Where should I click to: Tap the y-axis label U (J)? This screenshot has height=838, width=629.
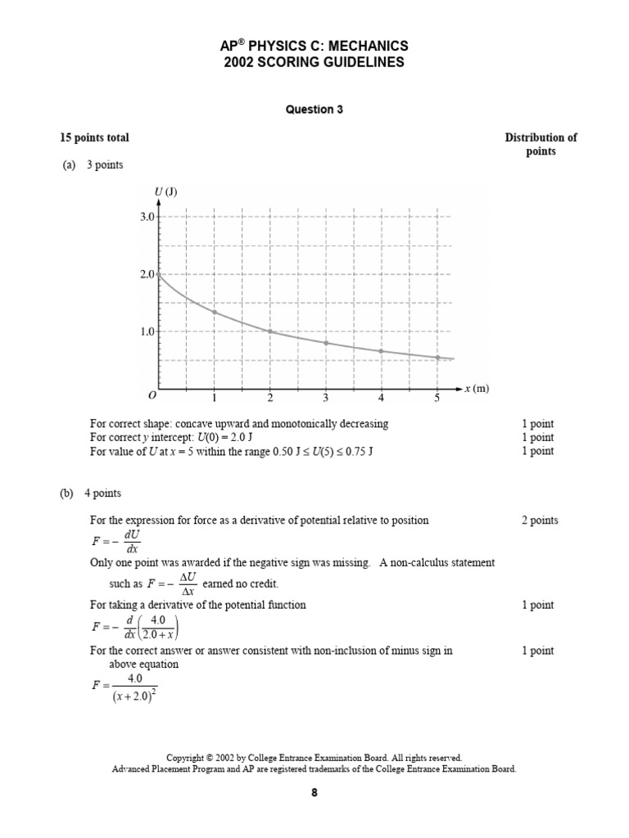tap(165, 192)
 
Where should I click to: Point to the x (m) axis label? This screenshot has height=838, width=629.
tap(476, 389)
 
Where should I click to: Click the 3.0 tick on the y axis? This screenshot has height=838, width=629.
tap(147, 217)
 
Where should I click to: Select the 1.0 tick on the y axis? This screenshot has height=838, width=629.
tap(147, 331)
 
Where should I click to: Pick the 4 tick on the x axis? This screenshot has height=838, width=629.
tap(381, 399)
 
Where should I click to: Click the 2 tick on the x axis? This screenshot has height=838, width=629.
tap(270, 399)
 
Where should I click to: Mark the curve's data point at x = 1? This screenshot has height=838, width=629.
tap(215, 312)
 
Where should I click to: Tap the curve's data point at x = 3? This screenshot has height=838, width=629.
tap(326, 343)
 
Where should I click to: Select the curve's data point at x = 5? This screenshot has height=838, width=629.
tap(437, 358)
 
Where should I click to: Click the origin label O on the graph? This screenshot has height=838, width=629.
tap(151, 396)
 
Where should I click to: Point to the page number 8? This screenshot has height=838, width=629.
tap(314, 793)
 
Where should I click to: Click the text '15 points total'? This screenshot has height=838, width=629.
tap(94, 137)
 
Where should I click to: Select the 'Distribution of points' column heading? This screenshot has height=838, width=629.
tap(541, 144)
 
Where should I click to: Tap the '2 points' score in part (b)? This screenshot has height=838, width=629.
tap(540, 520)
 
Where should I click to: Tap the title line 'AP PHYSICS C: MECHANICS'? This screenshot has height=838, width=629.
tap(314, 47)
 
